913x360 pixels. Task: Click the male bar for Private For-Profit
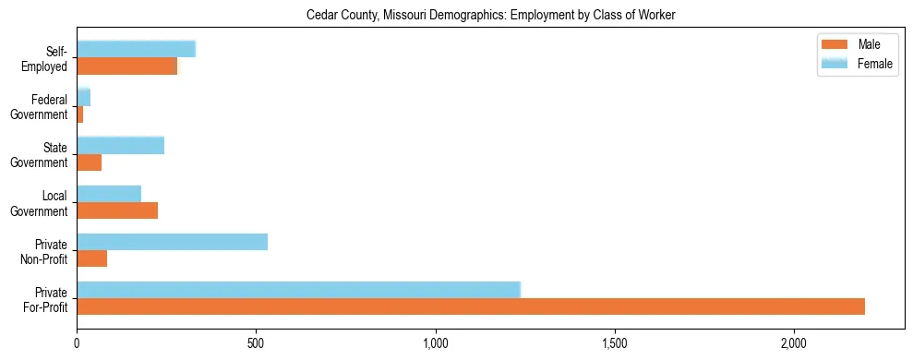click(471, 306)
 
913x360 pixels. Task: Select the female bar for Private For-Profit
click(298, 289)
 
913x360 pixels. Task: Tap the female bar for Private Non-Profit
click(172, 242)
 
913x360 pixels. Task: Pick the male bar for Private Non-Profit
click(91, 258)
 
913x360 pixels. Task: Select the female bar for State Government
click(120, 145)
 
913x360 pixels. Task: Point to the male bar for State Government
click(89, 162)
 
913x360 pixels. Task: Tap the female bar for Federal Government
click(83, 97)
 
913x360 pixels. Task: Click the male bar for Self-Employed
click(126, 66)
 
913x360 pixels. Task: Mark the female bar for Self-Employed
click(136, 49)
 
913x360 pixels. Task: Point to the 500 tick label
click(256, 343)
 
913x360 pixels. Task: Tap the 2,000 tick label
click(794, 343)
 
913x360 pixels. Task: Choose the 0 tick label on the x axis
click(77, 343)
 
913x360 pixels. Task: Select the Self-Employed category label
click(48, 58)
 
